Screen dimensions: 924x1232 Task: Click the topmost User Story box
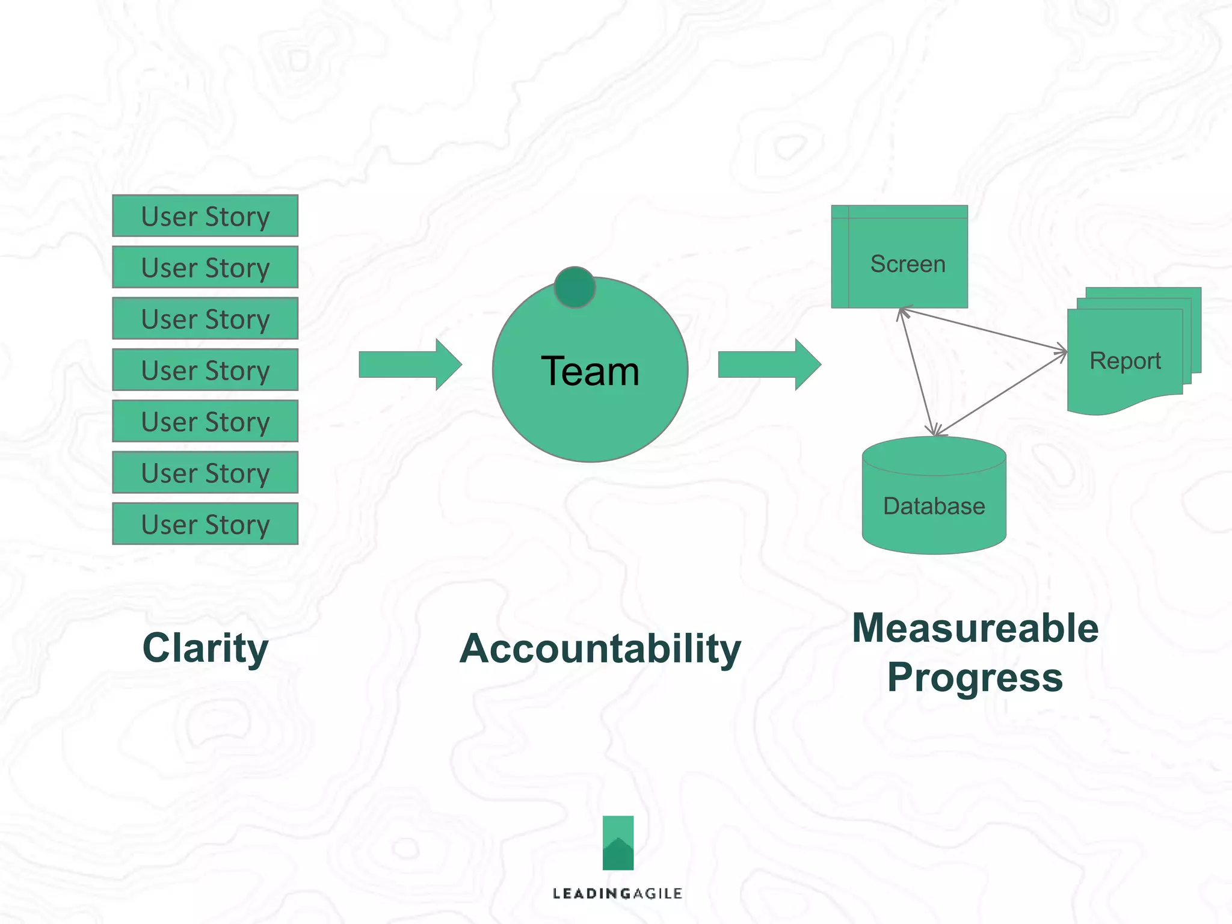point(205,216)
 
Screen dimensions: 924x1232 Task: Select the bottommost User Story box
point(205,524)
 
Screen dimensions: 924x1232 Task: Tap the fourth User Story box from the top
point(205,370)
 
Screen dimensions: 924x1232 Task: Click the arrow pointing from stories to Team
point(410,365)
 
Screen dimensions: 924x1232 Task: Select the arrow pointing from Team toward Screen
point(769,365)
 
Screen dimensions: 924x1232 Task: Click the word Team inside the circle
point(590,371)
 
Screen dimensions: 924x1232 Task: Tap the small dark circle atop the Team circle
point(574,288)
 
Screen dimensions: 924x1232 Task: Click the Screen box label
point(907,264)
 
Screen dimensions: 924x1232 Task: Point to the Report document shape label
point(1125,361)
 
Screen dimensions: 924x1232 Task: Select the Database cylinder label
point(934,506)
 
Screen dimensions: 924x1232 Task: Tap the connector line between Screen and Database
point(917,372)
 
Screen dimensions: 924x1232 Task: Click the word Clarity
point(205,648)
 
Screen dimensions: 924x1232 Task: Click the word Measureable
point(975,628)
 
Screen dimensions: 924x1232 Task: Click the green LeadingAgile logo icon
point(618,842)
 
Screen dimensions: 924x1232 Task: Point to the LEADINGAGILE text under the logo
point(617,893)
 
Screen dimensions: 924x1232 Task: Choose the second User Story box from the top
point(205,267)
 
